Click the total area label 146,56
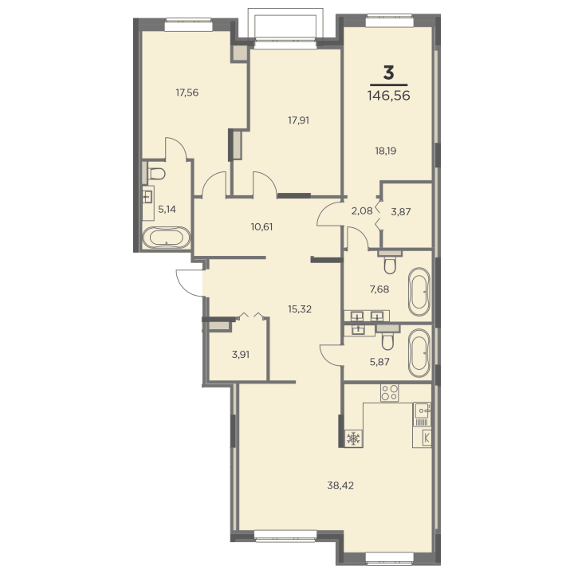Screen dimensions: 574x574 pyautogui.click(x=388, y=96)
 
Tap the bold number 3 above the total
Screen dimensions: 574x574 pyautogui.click(x=388, y=73)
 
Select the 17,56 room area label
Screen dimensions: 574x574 pyautogui.click(x=187, y=92)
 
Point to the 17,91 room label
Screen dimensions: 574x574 pyautogui.click(x=298, y=120)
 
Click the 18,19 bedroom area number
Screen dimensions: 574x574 pyautogui.click(x=386, y=151)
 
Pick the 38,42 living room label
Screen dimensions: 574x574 pyautogui.click(x=340, y=486)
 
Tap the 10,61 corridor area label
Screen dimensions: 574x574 pyautogui.click(x=261, y=227)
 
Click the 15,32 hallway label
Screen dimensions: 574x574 pyautogui.click(x=300, y=309)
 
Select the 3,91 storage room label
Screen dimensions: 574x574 pyautogui.click(x=241, y=355)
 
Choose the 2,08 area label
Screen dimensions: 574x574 pyautogui.click(x=362, y=210)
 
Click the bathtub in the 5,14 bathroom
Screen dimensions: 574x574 pyautogui.click(x=166, y=238)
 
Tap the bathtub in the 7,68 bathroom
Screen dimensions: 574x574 pyautogui.click(x=419, y=292)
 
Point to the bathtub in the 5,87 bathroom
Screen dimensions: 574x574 pyautogui.click(x=419, y=353)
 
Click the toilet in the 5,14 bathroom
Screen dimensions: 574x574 pyautogui.click(x=157, y=174)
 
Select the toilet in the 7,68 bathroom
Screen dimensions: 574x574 pyautogui.click(x=390, y=265)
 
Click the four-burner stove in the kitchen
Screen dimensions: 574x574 pyautogui.click(x=389, y=392)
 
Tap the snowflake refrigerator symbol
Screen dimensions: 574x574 pyautogui.click(x=354, y=438)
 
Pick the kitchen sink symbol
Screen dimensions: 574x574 pyautogui.click(x=422, y=414)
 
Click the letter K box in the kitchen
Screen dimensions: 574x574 pyautogui.click(x=427, y=438)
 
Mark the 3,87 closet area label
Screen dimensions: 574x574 pyautogui.click(x=401, y=211)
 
